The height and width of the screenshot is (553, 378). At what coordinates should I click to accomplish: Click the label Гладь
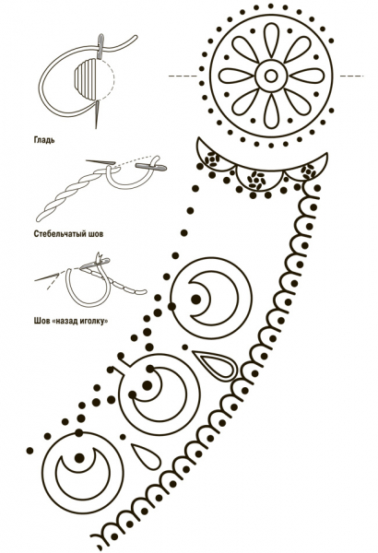pyautogui.click(x=44, y=140)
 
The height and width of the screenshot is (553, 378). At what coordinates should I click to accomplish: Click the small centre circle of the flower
pyautogui.click(x=271, y=76)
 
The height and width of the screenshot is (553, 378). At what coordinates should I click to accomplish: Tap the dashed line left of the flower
pyautogui.click(x=183, y=76)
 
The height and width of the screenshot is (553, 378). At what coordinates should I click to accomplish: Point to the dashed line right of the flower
pyautogui.click(x=351, y=76)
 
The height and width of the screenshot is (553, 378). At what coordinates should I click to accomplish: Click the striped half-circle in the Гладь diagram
pyautogui.click(x=84, y=77)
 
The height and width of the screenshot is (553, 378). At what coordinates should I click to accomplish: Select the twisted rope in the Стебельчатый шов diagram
pyautogui.click(x=71, y=196)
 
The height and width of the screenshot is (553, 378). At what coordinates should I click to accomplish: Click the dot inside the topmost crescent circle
pyautogui.click(x=195, y=299)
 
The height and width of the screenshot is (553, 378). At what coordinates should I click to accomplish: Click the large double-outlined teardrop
pyautogui.click(x=215, y=365)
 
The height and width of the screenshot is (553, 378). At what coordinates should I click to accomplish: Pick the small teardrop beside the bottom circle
pyautogui.click(x=146, y=455)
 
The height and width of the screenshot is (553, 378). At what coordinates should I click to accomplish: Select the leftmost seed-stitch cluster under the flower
pyautogui.click(x=211, y=159)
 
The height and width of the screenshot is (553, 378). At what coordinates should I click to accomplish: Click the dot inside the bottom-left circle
pyautogui.click(x=79, y=458)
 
